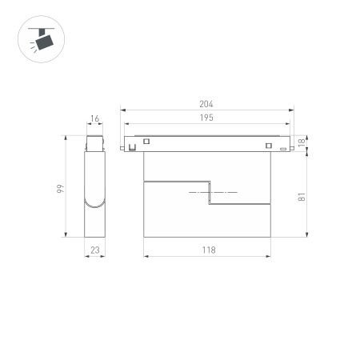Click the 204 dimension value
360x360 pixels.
coord(207,103)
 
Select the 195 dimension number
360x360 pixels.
coord(207,118)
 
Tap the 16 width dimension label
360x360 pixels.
coord(95,119)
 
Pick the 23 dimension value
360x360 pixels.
coord(95,250)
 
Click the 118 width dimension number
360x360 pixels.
coord(207,250)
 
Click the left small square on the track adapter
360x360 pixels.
coord(146,143)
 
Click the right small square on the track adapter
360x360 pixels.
coord(269,145)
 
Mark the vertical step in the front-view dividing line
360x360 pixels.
coord(209,194)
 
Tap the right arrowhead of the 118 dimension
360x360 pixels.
coord(270,256)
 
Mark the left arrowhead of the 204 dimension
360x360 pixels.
coord(122,110)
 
